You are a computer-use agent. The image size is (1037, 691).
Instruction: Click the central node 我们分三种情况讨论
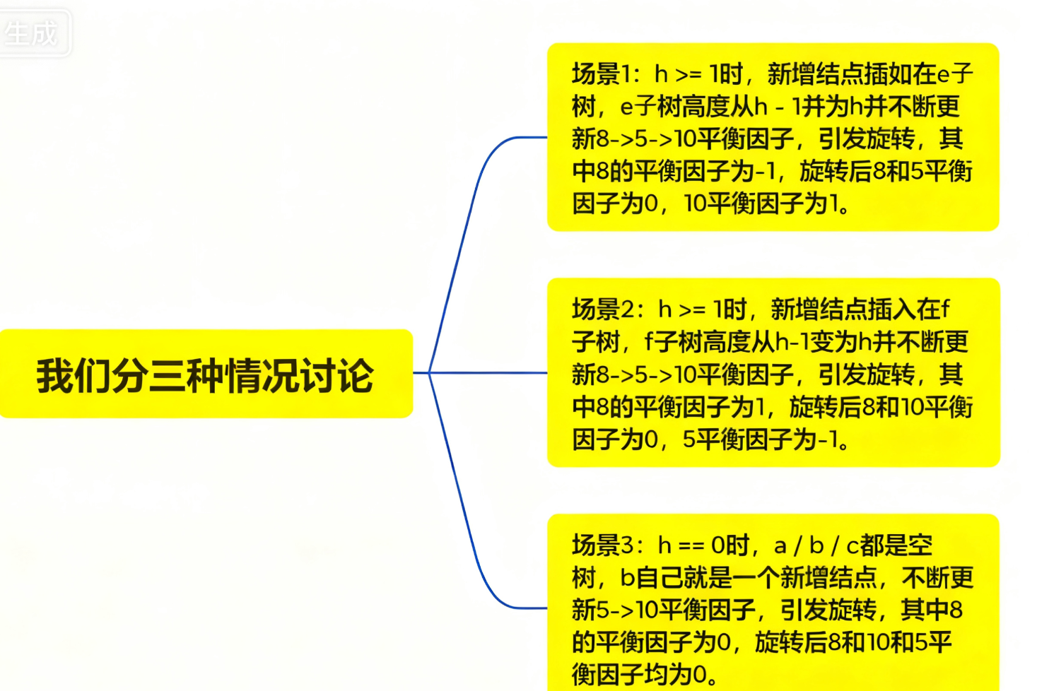click(205, 374)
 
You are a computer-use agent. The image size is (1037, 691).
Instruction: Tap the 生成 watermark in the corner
click(31, 33)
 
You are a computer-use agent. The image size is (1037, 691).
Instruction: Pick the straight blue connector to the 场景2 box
click(488, 372)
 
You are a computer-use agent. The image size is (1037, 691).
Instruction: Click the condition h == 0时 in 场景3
click(703, 545)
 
